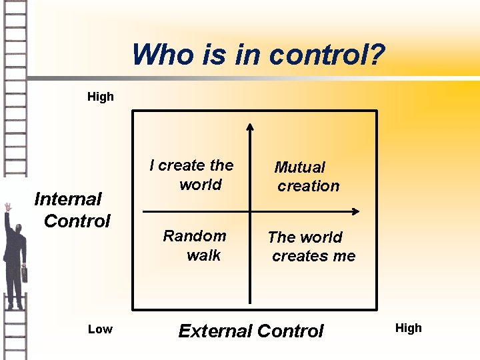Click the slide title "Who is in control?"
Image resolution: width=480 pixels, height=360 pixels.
click(x=258, y=55)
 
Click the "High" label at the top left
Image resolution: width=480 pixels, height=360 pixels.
click(x=101, y=97)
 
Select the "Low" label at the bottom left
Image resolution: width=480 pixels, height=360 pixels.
click(x=100, y=329)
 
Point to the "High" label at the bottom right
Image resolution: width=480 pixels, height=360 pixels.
click(x=409, y=328)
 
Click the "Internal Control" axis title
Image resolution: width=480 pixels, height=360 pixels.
click(x=72, y=209)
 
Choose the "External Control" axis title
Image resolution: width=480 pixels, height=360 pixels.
click(x=251, y=331)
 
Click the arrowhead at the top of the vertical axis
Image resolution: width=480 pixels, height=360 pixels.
click(x=251, y=127)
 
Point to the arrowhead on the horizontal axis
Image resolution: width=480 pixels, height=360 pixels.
click(x=355, y=212)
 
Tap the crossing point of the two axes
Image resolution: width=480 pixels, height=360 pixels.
click(x=251, y=212)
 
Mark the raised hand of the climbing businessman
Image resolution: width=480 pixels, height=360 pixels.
click(x=8, y=207)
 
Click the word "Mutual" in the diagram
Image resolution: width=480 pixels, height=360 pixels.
click(x=300, y=167)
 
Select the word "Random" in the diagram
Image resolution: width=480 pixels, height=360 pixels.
click(x=195, y=236)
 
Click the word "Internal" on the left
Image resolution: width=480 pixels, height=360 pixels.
click(x=67, y=199)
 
